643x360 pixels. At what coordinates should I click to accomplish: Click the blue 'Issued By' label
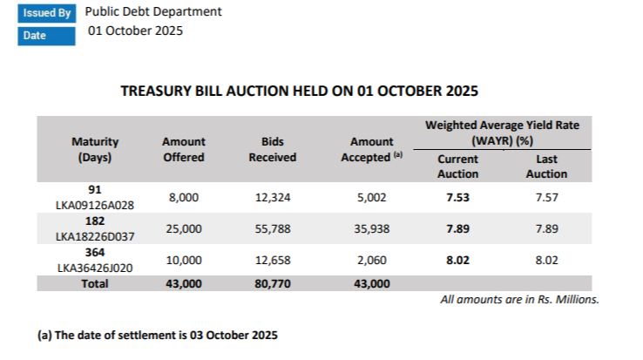point(46,13)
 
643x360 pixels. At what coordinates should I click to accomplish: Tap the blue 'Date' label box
point(46,36)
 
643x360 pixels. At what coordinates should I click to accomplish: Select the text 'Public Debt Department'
point(153,12)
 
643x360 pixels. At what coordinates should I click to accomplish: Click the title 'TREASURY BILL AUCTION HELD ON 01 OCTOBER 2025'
point(300,91)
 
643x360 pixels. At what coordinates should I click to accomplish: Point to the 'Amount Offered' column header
point(184,149)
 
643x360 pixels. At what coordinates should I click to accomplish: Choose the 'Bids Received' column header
point(273,149)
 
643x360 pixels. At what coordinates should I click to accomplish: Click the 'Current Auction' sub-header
point(457,166)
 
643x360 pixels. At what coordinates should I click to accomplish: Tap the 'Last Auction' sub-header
point(547,166)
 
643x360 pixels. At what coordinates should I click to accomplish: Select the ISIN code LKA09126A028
point(95,206)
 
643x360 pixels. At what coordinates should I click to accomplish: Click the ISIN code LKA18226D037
point(95,235)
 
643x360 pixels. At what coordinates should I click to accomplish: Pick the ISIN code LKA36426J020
point(95,268)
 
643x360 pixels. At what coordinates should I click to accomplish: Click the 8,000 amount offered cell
point(184,198)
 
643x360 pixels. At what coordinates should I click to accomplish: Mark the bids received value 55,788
point(273,228)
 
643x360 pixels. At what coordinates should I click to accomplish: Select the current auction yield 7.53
point(457,198)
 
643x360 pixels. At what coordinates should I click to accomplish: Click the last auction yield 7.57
point(547,198)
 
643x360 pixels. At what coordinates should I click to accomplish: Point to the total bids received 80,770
point(273,283)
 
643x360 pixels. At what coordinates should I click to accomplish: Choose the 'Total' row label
point(95,283)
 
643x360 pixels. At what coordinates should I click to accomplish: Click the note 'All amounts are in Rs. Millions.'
point(519,300)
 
